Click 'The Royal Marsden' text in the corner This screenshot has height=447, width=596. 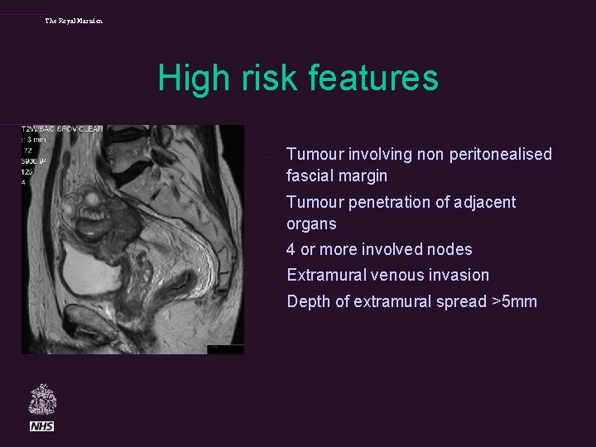click(74, 21)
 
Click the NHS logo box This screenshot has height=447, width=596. click(42, 425)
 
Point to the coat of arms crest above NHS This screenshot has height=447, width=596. click(42, 400)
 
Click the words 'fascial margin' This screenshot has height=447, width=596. click(336, 175)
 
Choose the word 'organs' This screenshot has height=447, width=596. click(311, 223)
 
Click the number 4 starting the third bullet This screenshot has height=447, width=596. click(291, 249)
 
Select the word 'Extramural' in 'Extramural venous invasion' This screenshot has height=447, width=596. click(324, 275)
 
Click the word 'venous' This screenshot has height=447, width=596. click(396, 275)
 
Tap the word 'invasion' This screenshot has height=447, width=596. click(459, 275)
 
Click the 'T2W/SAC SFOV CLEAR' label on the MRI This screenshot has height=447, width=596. click(62, 130)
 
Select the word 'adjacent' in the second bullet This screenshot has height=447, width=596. click(486, 202)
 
